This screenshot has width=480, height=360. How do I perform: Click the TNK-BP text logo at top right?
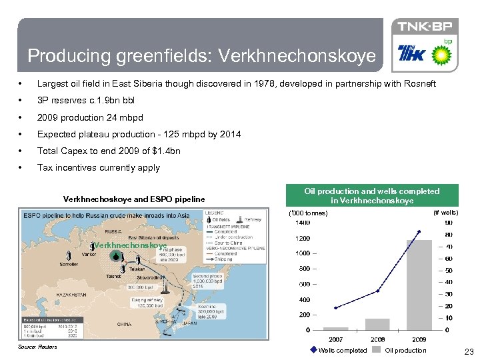coord(425,27)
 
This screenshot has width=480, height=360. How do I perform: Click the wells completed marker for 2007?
coord(336,307)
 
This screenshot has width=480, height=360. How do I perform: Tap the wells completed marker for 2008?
coord(377,291)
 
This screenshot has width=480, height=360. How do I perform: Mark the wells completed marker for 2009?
coord(419,231)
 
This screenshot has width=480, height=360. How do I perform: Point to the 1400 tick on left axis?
coord(303,222)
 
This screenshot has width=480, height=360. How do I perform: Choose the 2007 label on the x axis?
coord(336,339)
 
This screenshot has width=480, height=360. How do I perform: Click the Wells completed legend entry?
coord(339,350)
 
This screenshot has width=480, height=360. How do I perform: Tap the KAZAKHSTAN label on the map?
coord(44,294)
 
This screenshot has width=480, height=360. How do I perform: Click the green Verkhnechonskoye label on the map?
coord(130,245)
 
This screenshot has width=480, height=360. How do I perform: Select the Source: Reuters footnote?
coord(38,347)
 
